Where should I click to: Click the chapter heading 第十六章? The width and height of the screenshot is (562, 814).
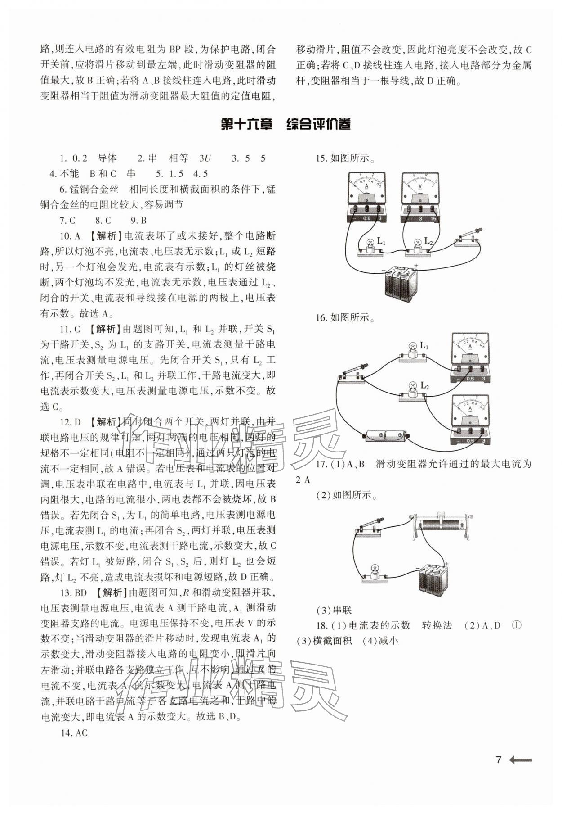pos(247,125)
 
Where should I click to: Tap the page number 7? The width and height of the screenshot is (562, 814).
pos(498,760)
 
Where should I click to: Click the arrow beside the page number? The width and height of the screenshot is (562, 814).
pos(521,760)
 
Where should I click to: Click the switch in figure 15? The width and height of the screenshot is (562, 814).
pos(468,238)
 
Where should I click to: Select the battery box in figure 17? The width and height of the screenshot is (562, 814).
pos(434,581)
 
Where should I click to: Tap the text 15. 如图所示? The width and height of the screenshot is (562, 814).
pos(345,158)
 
